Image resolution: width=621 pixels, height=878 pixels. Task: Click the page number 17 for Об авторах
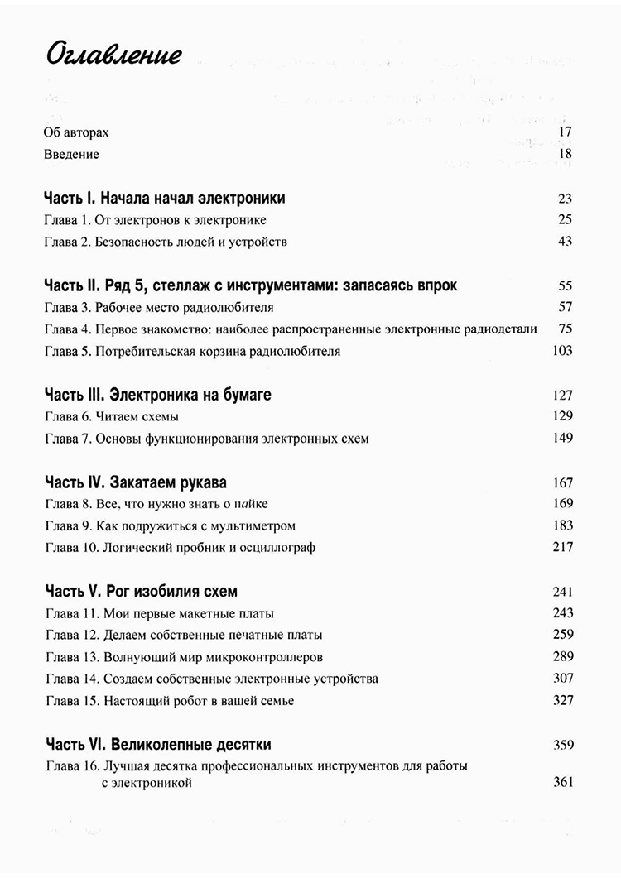(x=566, y=132)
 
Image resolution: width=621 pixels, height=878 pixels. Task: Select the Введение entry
(x=71, y=154)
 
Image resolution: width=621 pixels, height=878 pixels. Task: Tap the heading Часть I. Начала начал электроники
(x=164, y=198)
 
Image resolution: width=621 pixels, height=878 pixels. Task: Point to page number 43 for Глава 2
(x=566, y=242)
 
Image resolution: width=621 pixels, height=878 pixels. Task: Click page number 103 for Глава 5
(x=562, y=351)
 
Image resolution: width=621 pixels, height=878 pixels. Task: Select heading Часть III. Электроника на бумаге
(x=156, y=395)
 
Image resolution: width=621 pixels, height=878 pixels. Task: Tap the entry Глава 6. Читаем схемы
(x=110, y=417)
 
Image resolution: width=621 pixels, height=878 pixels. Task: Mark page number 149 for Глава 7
(x=562, y=439)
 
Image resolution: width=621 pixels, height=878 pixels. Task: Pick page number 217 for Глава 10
(x=562, y=547)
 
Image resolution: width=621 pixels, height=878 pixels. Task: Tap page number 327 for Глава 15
(x=562, y=701)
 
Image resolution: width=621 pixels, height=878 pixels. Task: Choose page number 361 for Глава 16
(x=562, y=782)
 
